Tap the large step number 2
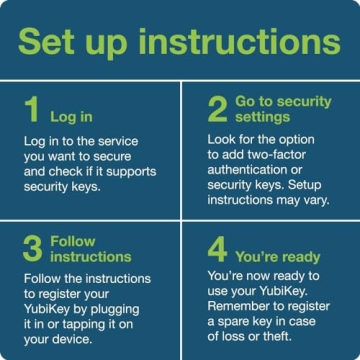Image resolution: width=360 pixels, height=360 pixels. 217,109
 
